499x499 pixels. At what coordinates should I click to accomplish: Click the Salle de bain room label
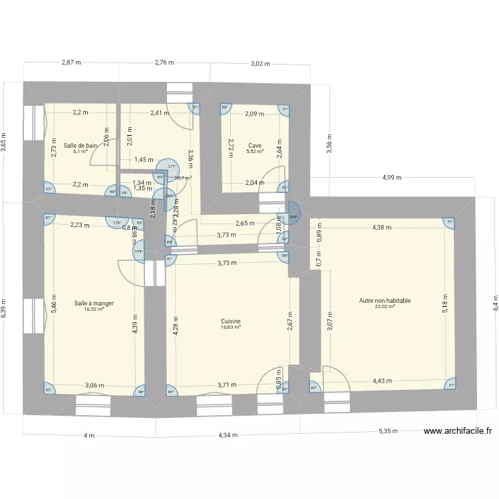point(81,145)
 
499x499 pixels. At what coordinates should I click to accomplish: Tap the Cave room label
point(255,145)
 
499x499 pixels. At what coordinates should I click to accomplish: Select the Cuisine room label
point(232,321)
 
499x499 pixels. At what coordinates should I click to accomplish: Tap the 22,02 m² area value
point(385,307)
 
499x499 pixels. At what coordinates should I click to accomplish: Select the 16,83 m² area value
point(232,327)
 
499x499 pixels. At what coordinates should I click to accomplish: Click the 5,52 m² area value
point(255,152)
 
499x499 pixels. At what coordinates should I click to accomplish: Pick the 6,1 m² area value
point(81,152)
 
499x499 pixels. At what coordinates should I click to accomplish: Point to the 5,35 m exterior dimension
point(389,431)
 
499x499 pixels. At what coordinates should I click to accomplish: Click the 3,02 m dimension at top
point(260,64)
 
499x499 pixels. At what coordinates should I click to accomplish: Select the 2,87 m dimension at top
point(71,63)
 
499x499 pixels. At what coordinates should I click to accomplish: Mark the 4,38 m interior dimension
point(382,228)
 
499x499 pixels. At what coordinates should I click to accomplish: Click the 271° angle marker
point(172,167)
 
